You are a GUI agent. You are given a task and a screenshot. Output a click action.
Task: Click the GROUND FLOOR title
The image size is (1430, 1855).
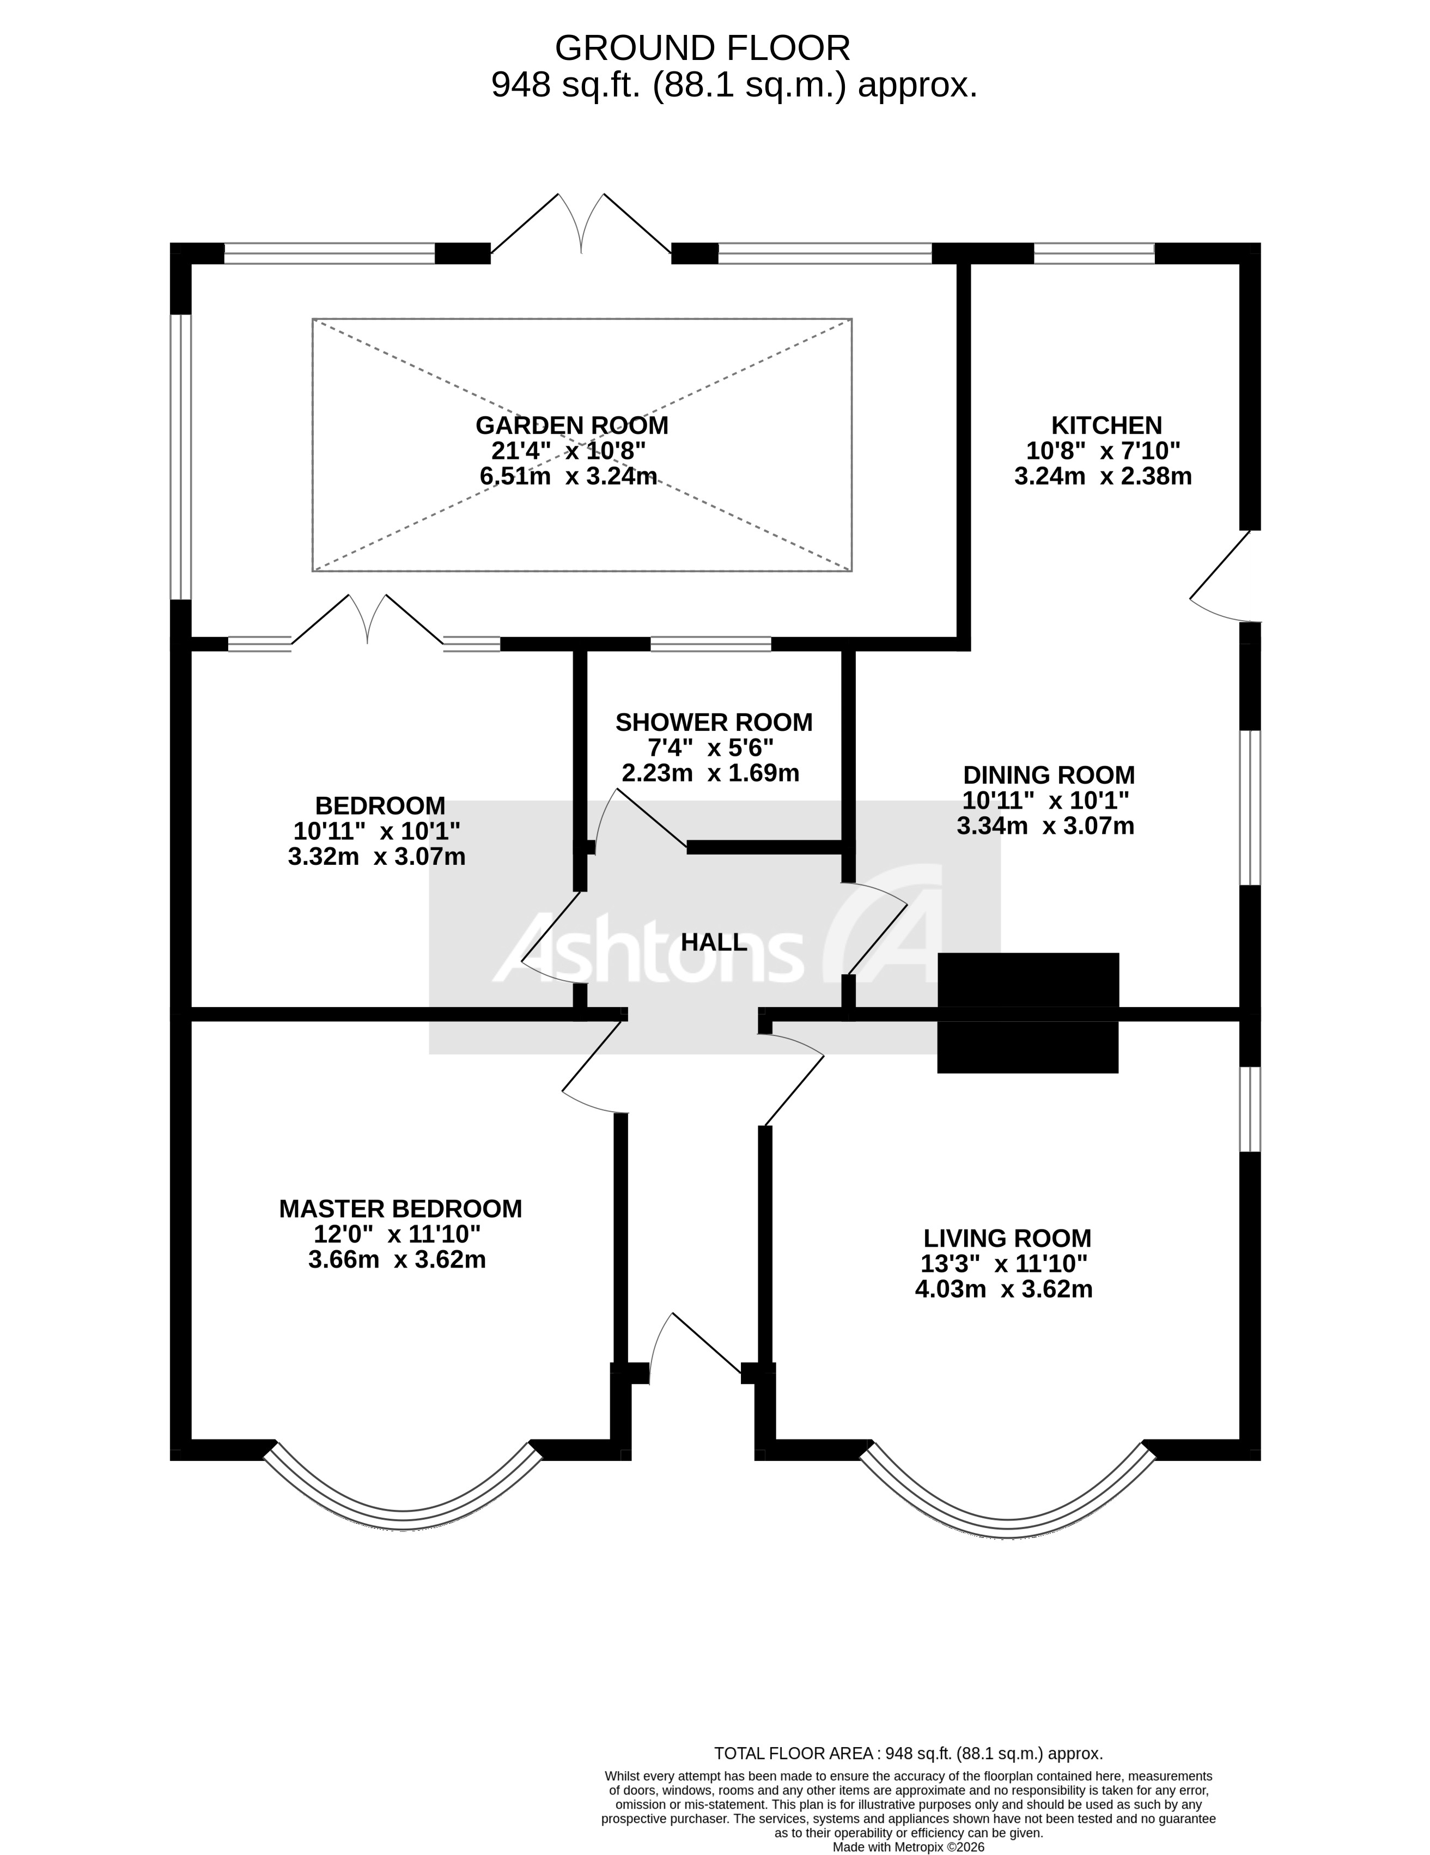click(x=702, y=49)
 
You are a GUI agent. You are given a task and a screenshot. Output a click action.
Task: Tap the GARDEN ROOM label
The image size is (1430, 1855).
click(x=571, y=425)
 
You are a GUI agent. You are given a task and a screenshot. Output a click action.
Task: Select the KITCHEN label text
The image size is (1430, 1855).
click(x=1106, y=425)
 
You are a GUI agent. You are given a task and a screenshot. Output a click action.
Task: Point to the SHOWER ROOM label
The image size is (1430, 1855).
click(x=713, y=722)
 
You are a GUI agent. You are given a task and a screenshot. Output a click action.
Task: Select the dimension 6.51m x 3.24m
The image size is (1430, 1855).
click(x=568, y=476)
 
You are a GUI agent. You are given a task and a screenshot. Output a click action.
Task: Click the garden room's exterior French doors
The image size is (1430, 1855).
click(x=581, y=225)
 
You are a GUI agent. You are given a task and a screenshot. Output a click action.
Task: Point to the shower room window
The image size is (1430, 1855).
click(x=711, y=644)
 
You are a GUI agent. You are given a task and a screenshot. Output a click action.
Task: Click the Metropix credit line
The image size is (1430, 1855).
click(x=908, y=1846)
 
